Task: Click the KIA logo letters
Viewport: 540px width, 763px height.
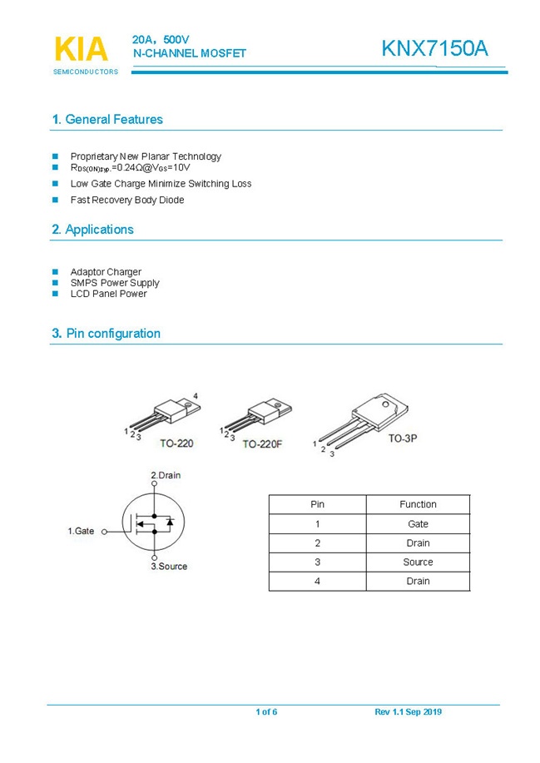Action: (82, 49)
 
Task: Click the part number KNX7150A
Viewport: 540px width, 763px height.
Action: (434, 49)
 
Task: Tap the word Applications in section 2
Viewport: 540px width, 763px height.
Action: (99, 230)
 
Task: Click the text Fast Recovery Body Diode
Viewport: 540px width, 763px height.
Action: (127, 201)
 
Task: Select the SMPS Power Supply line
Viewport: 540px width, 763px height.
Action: (115, 283)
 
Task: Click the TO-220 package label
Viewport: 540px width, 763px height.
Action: (176, 443)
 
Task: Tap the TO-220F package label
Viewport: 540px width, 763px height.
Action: (263, 444)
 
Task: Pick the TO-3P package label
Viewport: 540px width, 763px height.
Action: (402, 438)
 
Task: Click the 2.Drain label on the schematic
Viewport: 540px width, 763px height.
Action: (165, 476)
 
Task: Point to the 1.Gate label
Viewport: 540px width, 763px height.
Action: (81, 531)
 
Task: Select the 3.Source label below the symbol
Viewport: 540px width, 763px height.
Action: (169, 567)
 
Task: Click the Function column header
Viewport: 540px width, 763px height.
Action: (418, 504)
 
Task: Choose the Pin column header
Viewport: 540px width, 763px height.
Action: (317, 504)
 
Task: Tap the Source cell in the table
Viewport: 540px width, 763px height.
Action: (418, 562)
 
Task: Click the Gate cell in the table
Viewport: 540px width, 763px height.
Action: (418, 524)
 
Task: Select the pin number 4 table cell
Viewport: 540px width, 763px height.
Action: (317, 582)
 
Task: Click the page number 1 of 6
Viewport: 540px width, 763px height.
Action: (266, 712)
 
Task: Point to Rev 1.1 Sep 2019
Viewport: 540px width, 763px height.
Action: (409, 712)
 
